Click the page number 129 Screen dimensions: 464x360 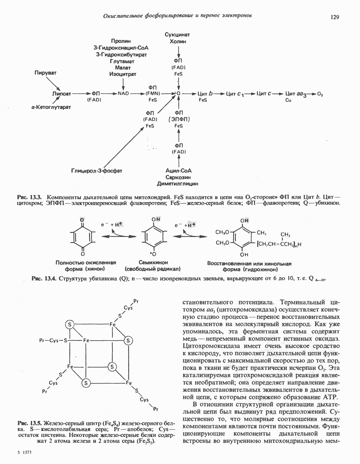pyautogui.click(x=334, y=17)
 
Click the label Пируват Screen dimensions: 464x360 pyautogui.click(x=45, y=73)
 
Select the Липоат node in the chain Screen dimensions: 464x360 pyautogui.click(x=61, y=94)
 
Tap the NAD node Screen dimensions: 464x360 pyautogui.click(x=123, y=94)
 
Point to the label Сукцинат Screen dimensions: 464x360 pyautogui.click(x=177, y=35)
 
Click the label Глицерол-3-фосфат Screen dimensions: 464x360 pyautogui.click(x=97, y=171)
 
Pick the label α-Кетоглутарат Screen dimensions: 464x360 pyautogui.click(x=51, y=107)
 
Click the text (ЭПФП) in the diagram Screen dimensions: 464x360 pyautogui.click(x=178, y=119)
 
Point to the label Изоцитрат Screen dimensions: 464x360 pyautogui.click(x=123, y=74)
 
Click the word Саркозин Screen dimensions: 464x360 pyautogui.click(x=178, y=177)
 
